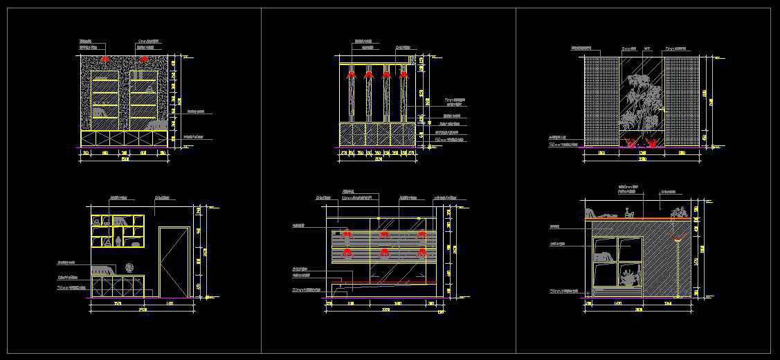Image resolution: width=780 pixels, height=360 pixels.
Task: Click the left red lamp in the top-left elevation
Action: pyautogui.click(x=105, y=60)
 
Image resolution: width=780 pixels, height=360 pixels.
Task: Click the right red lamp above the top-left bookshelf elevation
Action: pyautogui.click(x=144, y=60)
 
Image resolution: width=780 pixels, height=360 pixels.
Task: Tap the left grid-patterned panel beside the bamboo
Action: pyautogui.click(x=601, y=102)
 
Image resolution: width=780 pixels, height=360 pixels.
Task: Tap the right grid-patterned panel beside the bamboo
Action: pyautogui.click(x=683, y=102)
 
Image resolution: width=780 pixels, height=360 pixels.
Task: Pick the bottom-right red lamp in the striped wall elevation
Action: pyautogui.click(x=421, y=252)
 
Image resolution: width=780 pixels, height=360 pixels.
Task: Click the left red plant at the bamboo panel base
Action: pyautogui.click(x=631, y=143)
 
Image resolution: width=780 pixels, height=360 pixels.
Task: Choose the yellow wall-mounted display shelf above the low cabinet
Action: pyautogui.click(x=118, y=231)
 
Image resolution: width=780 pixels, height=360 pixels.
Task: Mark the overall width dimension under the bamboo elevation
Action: pyautogui.click(x=642, y=159)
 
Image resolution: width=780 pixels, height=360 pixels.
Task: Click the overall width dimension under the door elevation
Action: pyautogui.click(x=141, y=308)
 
